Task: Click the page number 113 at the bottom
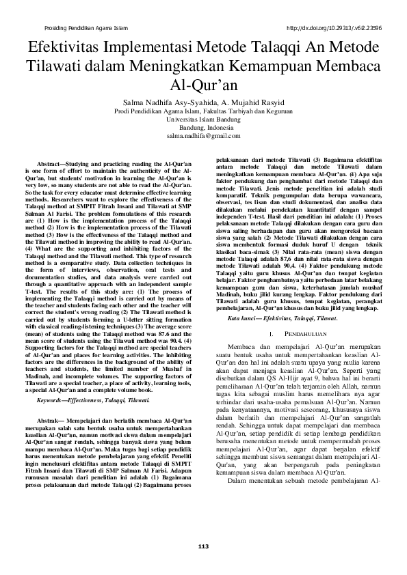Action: pyautogui.click(x=202, y=546)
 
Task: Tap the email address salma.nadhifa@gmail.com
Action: pyautogui.click(x=203, y=137)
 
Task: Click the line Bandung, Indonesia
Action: pyautogui.click(x=203, y=128)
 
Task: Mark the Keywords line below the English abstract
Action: pyautogui.click(x=94, y=399)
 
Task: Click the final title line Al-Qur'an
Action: pyautogui.click(x=203, y=86)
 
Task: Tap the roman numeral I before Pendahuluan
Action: pyautogui.click(x=273, y=333)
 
